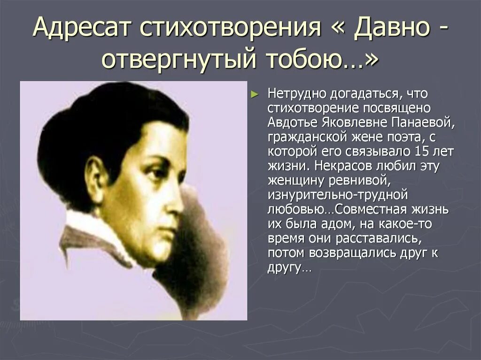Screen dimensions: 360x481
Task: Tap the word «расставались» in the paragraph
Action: point(374,239)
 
